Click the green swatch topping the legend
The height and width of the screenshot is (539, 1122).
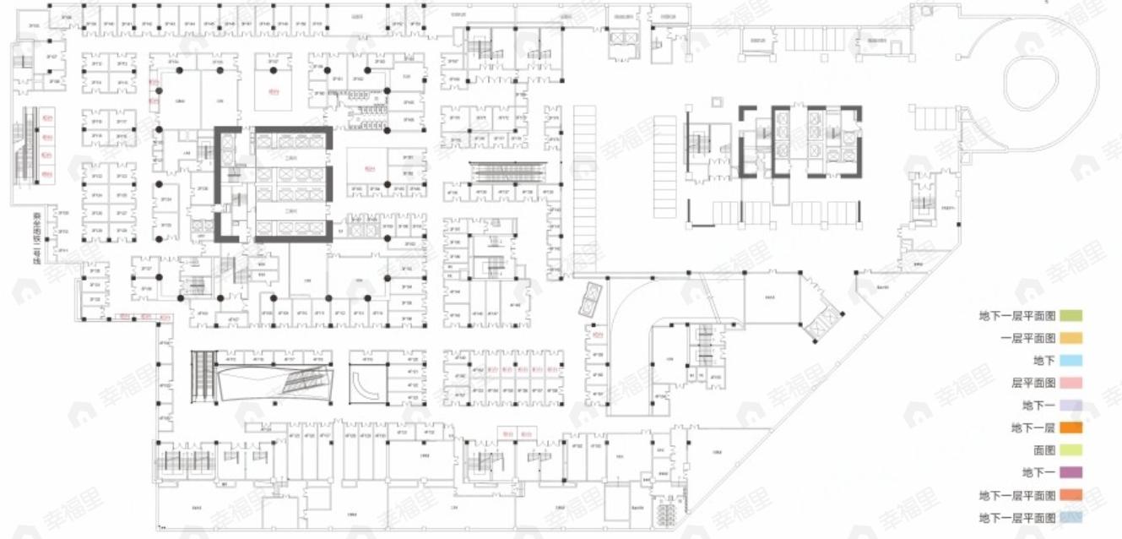(x=1071, y=316)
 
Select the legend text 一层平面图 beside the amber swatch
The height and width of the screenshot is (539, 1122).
(x=1027, y=338)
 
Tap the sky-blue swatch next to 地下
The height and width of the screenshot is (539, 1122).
(x=1071, y=361)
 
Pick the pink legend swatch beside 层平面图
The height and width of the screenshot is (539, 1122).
(x=1071, y=383)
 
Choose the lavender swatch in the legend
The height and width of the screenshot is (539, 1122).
(x=1071, y=406)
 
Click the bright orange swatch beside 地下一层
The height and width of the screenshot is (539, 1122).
(x=1071, y=428)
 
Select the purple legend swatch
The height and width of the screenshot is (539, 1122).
(x=1071, y=472)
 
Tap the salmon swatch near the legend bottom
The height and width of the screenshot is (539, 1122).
(x=1071, y=495)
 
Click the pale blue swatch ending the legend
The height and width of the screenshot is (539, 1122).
(x=1071, y=517)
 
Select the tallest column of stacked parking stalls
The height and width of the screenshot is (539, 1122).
(x=584, y=190)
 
